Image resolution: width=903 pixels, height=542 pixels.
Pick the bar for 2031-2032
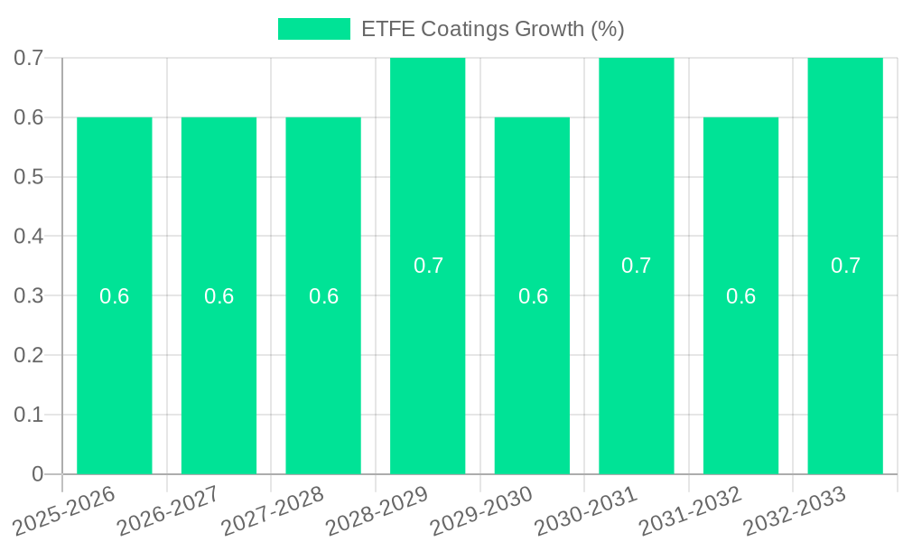pyautogui.click(x=740, y=361)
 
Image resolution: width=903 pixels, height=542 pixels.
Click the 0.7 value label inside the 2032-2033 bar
pyautogui.click(x=845, y=266)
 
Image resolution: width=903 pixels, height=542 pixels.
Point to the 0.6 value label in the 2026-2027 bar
pyautogui.click(x=219, y=296)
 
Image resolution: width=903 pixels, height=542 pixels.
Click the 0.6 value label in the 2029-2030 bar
pyautogui.click(x=533, y=296)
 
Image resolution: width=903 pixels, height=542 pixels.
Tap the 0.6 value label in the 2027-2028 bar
pyautogui.click(x=323, y=296)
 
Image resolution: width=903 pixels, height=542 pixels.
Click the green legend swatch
pyautogui.click(x=313, y=29)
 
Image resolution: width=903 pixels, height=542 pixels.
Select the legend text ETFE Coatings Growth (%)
pyautogui.click(x=492, y=29)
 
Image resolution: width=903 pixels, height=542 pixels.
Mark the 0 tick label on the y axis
pyautogui.click(x=38, y=474)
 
